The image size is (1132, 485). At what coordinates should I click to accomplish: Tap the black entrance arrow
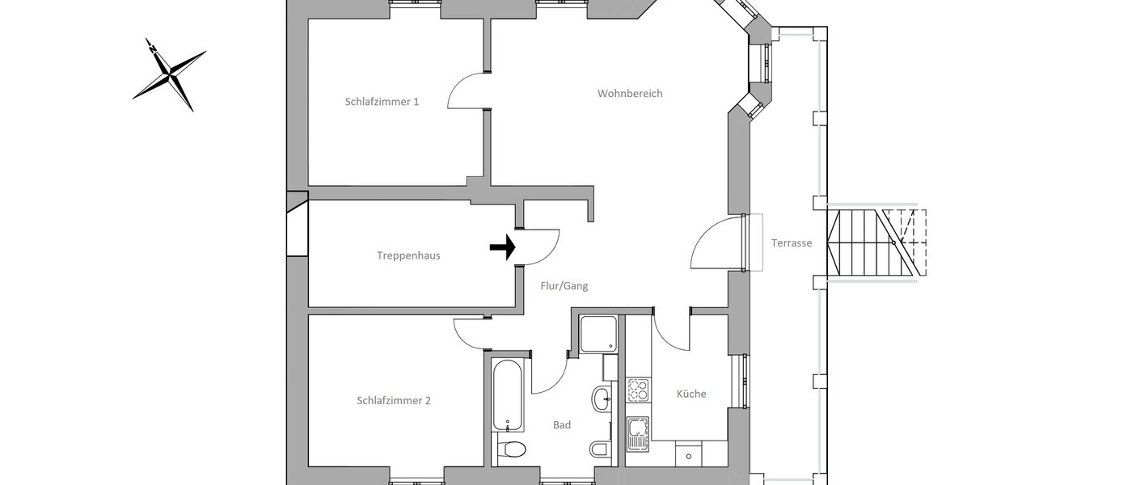[503, 248]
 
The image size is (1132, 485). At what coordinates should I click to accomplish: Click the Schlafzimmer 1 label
[382, 102]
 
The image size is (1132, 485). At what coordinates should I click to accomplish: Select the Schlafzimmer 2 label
[393, 400]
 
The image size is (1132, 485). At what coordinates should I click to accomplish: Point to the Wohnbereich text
[630, 94]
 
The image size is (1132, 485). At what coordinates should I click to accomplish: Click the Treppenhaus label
[408, 255]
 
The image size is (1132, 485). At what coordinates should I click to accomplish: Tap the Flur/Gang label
[564, 285]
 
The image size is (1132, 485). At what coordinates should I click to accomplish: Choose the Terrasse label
[791, 242]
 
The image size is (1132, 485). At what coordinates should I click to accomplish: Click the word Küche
[691, 394]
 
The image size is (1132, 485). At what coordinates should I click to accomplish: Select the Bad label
[562, 424]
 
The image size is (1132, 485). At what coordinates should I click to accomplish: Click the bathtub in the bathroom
[507, 396]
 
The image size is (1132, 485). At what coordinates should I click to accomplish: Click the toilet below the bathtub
[511, 449]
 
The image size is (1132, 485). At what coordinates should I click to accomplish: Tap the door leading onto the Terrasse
[718, 242]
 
